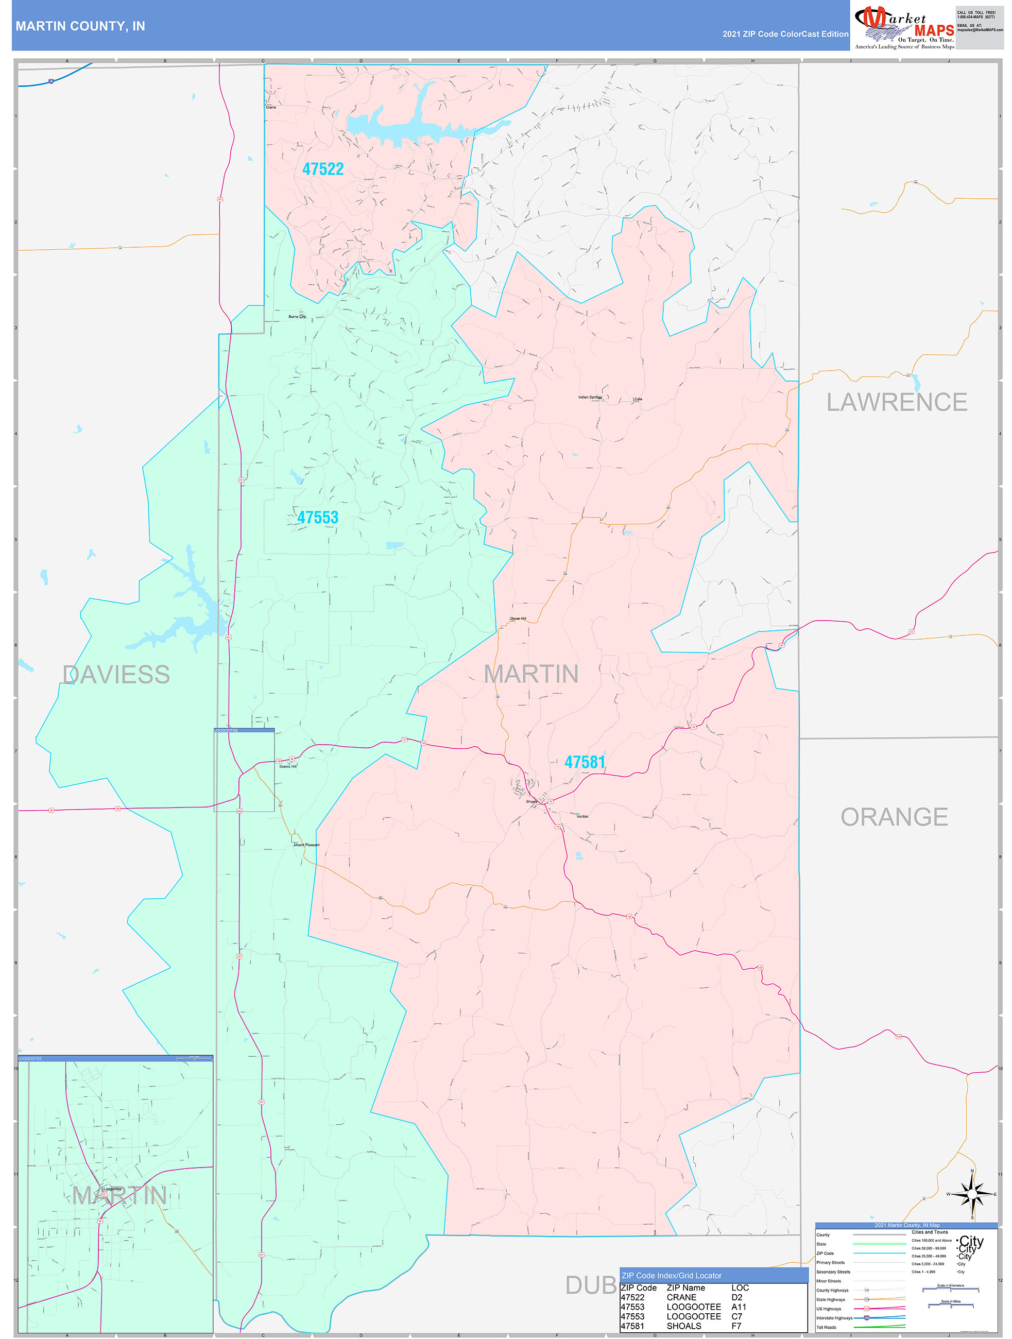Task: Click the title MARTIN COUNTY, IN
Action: click(80, 26)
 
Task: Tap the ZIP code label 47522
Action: click(322, 169)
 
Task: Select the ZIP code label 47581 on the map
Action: click(585, 762)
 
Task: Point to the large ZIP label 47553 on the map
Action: click(318, 518)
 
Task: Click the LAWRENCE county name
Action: click(897, 402)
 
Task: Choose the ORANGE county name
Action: click(894, 817)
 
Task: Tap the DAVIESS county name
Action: click(116, 674)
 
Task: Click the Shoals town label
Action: click(531, 801)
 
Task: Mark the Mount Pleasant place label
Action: click(306, 845)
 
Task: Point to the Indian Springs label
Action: click(590, 397)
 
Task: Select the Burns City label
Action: click(297, 317)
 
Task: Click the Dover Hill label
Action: click(518, 619)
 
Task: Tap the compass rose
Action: click(972, 1194)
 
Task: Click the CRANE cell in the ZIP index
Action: click(681, 1297)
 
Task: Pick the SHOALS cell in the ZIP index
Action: click(683, 1326)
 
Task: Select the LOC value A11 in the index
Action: click(739, 1307)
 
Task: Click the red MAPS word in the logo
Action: click(934, 30)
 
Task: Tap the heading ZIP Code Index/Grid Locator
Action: click(671, 1276)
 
